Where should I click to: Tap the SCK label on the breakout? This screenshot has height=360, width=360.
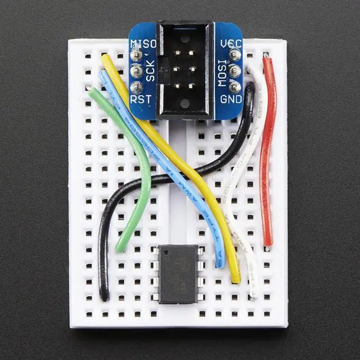(150, 71)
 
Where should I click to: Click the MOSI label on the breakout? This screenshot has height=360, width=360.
(223, 71)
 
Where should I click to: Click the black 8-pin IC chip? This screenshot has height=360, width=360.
(178, 273)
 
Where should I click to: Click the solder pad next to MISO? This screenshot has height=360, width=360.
(136, 55)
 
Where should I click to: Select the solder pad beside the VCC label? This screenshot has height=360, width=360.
(235, 55)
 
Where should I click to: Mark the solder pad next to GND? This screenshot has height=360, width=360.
(235, 87)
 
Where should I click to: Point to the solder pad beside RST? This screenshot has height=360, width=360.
(136, 87)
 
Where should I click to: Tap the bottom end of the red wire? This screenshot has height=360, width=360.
(268, 244)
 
